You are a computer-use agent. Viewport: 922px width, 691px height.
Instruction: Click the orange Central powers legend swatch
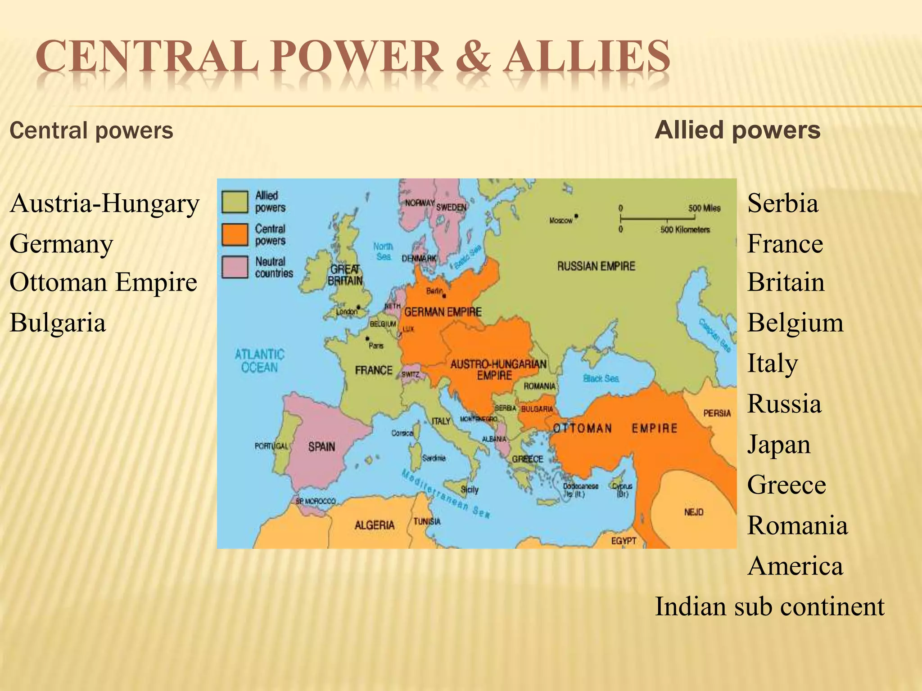point(235,234)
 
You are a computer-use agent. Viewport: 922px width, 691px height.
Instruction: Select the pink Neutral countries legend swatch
point(235,267)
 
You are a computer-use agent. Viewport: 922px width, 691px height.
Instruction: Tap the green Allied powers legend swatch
point(235,202)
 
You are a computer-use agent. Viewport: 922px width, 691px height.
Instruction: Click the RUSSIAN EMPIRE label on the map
point(596,266)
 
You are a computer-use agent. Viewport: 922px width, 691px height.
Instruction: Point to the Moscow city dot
point(576,216)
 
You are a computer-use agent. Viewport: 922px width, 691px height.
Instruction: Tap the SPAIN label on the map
point(321,447)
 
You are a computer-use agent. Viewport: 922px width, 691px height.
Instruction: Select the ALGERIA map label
point(375,525)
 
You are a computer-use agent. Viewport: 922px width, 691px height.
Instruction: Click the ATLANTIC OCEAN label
point(259,361)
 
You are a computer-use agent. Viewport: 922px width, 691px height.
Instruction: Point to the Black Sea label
point(601,378)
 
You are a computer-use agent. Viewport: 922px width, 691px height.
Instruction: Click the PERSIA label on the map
point(717,413)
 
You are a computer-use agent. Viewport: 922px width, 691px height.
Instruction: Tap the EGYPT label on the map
point(624,541)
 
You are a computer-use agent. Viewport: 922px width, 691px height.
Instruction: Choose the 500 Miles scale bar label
point(704,208)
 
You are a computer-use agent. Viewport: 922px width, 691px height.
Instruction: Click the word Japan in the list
point(779,444)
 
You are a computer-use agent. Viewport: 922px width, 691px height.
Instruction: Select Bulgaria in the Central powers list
point(58,323)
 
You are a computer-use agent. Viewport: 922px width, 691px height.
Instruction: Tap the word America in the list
point(795,566)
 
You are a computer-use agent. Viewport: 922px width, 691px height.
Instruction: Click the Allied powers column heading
point(737,130)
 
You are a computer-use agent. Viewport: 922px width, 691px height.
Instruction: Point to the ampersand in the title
point(473,57)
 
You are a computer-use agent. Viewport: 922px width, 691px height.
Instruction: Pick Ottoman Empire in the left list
point(103,283)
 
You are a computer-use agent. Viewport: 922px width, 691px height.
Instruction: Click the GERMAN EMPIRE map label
point(443,312)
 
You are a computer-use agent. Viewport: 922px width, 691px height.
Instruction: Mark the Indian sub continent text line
point(769,606)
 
